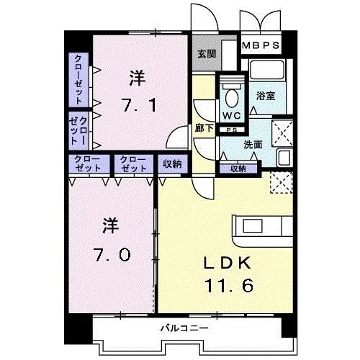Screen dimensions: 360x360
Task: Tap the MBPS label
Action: click(x=261, y=46)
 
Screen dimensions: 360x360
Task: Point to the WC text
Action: click(x=232, y=115)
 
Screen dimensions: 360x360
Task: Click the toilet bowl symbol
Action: click(x=232, y=96)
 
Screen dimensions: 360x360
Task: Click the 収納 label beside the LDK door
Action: click(x=171, y=164)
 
